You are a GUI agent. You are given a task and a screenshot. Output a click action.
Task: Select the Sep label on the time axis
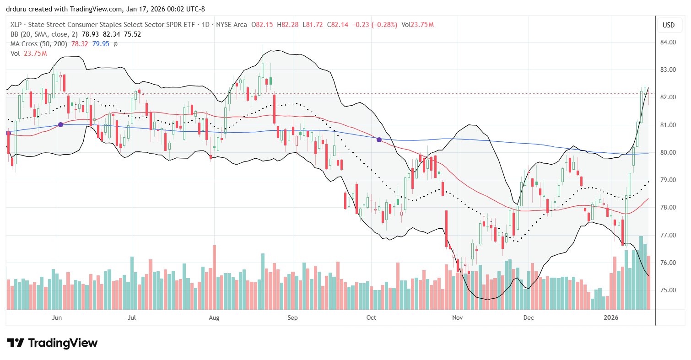[293, 317]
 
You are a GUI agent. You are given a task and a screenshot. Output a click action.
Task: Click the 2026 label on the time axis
[612, 317]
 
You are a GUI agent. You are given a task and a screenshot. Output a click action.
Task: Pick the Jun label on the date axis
[57, 317]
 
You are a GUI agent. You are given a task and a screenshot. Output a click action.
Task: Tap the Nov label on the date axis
[456, 317]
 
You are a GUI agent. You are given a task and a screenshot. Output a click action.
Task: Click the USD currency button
[669, 25]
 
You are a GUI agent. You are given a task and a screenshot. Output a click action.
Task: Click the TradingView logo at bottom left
[52, 343]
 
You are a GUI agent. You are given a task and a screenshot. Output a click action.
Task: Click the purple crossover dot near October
[379, 139]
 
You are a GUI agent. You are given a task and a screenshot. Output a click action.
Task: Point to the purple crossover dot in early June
[60, 125]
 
